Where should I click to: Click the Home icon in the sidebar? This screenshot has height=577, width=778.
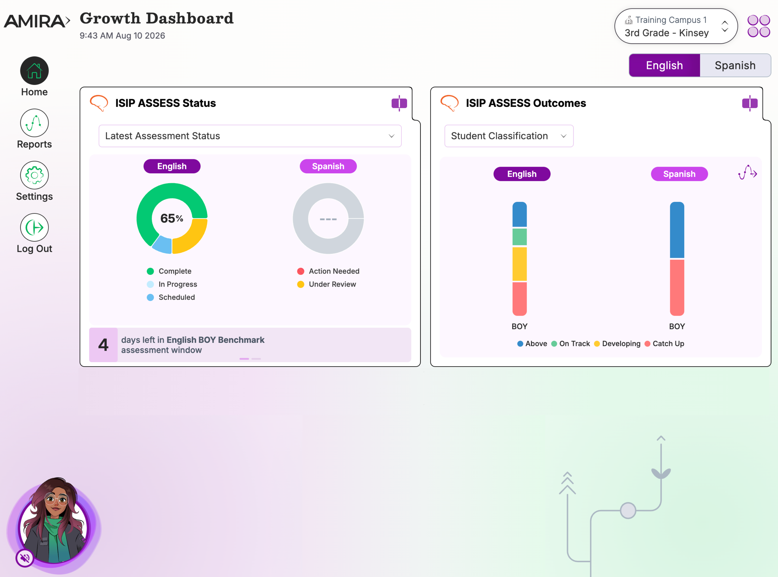pos(34,71)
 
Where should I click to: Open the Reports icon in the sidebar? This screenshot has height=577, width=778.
pos(34,123)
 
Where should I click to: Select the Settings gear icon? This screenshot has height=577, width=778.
pos(34,175)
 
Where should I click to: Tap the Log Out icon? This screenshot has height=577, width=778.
pos(34,227)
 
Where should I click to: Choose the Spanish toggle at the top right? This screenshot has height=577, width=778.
pos(735,65)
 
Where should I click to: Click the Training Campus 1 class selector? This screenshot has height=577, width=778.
pos(676,26)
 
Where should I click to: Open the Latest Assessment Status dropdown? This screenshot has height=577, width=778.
pos(250,136)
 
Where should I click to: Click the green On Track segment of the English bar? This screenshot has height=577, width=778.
pos(519,237)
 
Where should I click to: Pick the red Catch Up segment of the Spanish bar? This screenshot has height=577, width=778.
pos(677,287)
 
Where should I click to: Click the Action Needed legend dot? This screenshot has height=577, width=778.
pos(301,271)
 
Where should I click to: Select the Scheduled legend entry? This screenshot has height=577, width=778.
pos(171,297)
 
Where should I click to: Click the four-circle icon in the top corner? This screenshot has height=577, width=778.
pos(759,26)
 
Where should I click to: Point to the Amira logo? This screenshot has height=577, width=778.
pos(37,21)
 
